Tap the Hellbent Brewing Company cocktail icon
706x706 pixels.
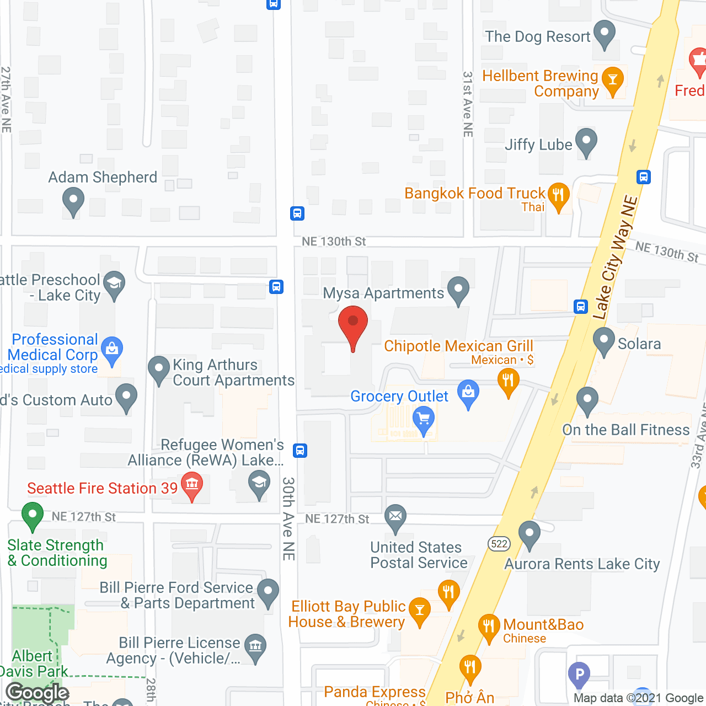(612, 81)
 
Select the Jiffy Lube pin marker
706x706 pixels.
(586, 142)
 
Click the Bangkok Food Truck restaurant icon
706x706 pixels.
(558, 196)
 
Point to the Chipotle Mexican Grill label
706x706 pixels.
(458, 346)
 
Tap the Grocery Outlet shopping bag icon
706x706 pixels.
(468, 394)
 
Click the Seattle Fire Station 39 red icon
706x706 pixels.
(192, 486)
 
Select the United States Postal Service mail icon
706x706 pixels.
(395, 517)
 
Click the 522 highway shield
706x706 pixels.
(499, 544)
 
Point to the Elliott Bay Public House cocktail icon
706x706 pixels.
(420, 611)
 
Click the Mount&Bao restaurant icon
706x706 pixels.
(488, 627)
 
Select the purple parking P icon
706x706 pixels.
(579, 674)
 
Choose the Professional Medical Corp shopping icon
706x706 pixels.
(112, 350)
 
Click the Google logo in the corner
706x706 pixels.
(38, 693)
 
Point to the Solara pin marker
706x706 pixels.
(604, 340)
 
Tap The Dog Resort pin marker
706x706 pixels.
(605, 34)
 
